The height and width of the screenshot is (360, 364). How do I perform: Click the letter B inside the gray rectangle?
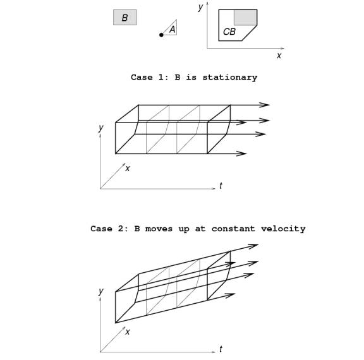tap(124, 18)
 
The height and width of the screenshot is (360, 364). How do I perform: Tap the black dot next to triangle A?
tap(161, 35)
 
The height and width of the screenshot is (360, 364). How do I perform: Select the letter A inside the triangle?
tap(173, 30)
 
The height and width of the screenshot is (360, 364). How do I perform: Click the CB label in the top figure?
tap(229, 32)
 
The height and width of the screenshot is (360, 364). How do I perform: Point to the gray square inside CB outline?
tap(245, 18)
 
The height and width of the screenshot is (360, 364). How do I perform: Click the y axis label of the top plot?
tap(200, 7)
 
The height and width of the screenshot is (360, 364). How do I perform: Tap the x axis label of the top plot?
tap(279, 56)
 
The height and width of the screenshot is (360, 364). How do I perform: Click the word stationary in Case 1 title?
tap(230, 77)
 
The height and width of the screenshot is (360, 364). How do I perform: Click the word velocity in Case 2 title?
tap(283, 229)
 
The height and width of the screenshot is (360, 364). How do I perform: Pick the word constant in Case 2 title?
tap(233, 229)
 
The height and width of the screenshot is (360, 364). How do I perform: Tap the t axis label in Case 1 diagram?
tap(221, 186)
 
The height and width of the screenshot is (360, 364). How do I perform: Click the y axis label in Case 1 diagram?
tap(100, 128)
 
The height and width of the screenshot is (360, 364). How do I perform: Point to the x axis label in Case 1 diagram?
tap(128, 169)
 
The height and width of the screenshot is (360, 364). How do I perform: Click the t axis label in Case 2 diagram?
tap(221, 349)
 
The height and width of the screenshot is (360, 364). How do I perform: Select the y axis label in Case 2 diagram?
tap(100, 291)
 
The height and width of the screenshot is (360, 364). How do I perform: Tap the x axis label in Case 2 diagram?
tap(128, 332)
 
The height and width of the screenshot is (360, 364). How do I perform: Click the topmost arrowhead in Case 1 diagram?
tap(265, 105)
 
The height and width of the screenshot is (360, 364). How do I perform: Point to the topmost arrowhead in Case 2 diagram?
tap(253, 246)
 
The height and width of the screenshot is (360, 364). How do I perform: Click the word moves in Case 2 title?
tap(159, 229)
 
